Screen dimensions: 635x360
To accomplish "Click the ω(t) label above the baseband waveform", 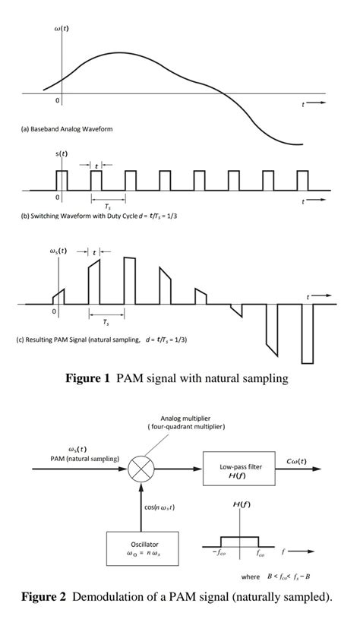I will click(62, 28).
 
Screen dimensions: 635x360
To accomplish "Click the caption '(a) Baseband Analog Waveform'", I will click(66, 129).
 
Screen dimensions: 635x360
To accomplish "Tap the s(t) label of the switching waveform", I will click(60, 155).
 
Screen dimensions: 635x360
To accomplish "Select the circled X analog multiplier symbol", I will click(141, 469).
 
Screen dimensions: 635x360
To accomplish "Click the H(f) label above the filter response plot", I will click(242, 504).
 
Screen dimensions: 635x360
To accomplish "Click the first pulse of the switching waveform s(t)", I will click(62, 180).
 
